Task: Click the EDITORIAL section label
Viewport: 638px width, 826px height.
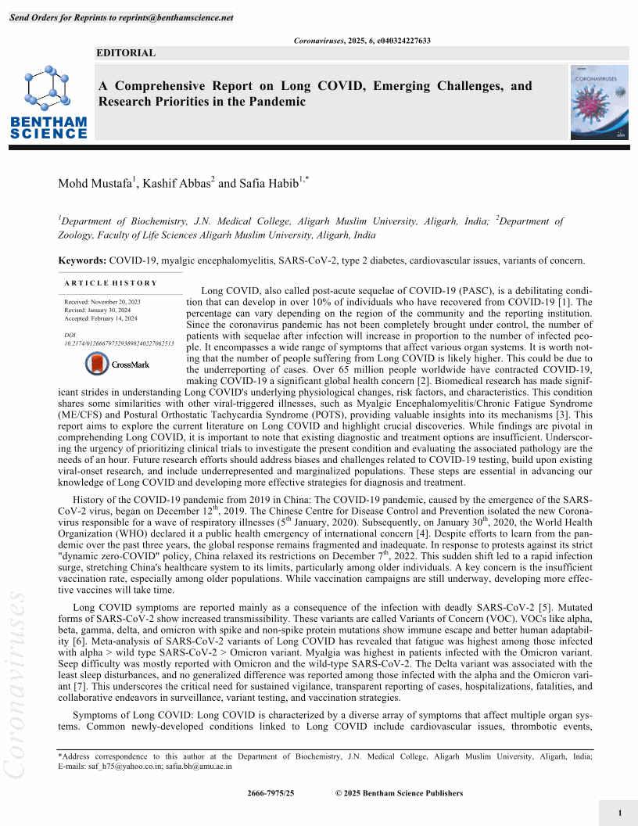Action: pos(126,53)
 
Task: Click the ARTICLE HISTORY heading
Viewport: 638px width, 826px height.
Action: pos(110,283)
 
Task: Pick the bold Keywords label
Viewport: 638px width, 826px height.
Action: pos(82,259)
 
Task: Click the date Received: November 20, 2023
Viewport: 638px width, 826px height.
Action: pos(102,301)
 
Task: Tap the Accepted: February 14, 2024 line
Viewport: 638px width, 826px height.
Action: pos(101,318)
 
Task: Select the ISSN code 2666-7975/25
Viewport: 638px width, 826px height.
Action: pos(271,793)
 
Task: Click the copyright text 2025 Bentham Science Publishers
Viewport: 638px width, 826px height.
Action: pos(403,793)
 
